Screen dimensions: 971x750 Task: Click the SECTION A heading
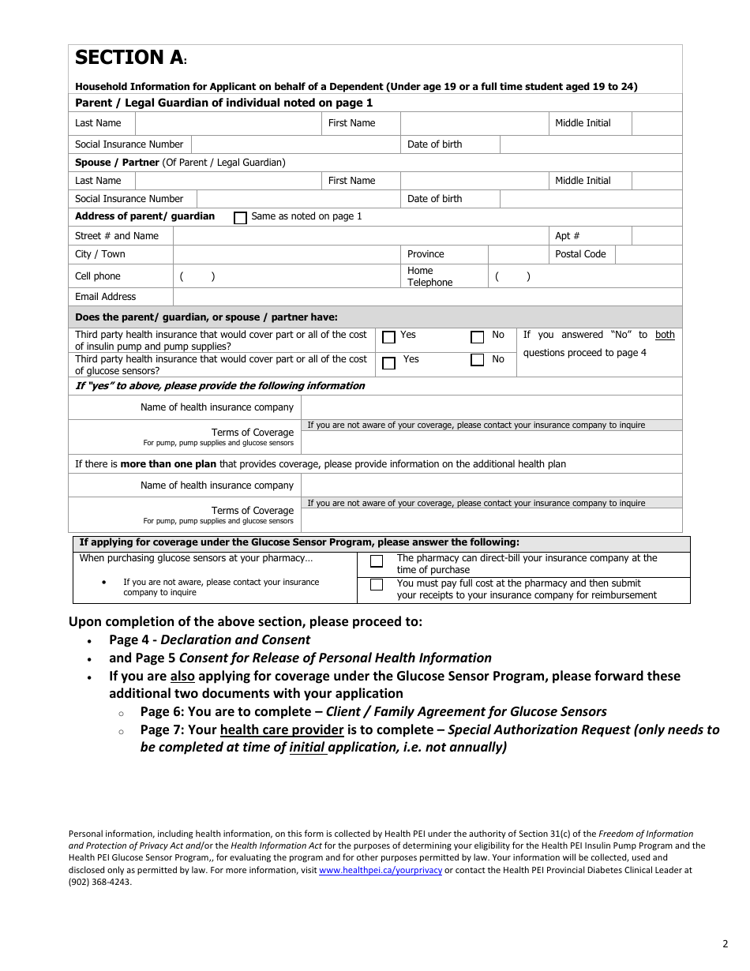[x=129, y=58]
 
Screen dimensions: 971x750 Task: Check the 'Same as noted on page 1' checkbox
[x=241, y=218]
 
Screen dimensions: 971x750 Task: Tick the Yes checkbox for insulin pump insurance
[x=388, y=337]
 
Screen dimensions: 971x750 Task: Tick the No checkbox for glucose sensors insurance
[x=477, y=361]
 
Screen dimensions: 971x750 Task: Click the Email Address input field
[x=426, y=297]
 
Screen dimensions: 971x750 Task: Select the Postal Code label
[x=580, y=254]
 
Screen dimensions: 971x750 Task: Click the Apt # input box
[x=656, y=236]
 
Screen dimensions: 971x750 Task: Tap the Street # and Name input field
[x=360, y=236]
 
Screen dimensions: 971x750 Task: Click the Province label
[x=426, y=254]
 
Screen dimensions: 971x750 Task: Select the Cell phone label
[x=97, y=276]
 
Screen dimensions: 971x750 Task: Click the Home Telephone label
[x=430, y=276]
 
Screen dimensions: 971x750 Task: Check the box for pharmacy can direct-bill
[x=377, y=561]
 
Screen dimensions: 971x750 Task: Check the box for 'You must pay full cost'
[x=377, y=585]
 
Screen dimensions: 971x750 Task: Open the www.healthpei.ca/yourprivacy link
[x=381, y=871]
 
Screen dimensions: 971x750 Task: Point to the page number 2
[x=725, y=943]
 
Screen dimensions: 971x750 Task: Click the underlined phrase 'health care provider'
[x=282, y=730]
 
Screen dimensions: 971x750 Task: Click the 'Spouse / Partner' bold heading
[x=117, y=163]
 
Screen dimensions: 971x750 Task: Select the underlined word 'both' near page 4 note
[x=665, y=335]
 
